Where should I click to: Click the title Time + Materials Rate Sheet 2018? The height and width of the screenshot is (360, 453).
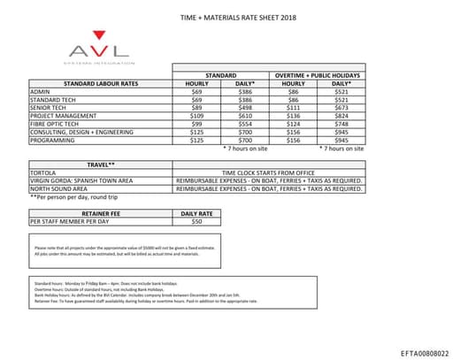click(226, 17)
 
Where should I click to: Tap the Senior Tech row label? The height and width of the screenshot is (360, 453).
click(50, 107)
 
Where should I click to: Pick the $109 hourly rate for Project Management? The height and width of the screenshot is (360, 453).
click(197, 115)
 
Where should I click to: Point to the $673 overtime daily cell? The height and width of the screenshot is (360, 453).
click(341, 107)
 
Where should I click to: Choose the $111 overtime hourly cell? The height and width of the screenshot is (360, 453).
click(293, 107)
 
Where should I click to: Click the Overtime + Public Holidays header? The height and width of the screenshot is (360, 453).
click(317, 75)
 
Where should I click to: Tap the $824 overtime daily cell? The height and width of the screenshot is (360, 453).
click(341, 115)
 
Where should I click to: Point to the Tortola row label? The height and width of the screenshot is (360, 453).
click(44, 172)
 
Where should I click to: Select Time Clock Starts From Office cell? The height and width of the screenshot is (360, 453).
click(269, 172)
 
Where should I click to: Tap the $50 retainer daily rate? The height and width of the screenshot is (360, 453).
click(197, 221)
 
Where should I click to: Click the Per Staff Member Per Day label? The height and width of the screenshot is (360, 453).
click(70, 221)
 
